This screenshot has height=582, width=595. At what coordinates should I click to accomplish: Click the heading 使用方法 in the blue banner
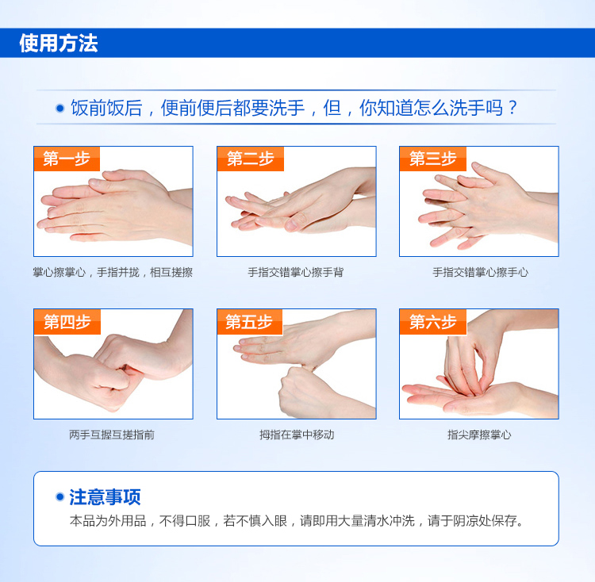pyautogui.click(x=59, y=43)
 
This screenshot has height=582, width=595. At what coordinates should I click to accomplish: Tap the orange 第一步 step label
pyautogui.click(x=67, y=159)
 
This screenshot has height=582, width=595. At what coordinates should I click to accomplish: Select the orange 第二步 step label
pyautogui.click(x=251, y=159)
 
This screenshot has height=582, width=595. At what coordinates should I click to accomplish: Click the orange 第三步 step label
pyautogui.click(x=433, y=159)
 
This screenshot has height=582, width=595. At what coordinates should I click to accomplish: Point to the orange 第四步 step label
pyautogui.click(x=67, y=321)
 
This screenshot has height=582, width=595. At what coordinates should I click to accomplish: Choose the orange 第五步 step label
pyautogui.click(x=250, y=321)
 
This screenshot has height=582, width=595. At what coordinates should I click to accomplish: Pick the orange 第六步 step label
pyautogui.click(x=433, y=321)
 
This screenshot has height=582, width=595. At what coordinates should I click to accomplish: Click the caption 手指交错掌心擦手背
pyautogui.click(x=296, y=272)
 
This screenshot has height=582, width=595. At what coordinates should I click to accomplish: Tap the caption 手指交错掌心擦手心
pyautogui.click(x=480, y=272)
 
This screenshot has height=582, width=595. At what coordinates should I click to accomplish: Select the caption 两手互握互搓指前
pyautogui.click(x=112, y=435)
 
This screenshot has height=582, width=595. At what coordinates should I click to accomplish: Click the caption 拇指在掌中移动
pyautogui.click(x=297, y=435)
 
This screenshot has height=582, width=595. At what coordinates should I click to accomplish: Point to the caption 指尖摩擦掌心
pyautogui.click(x=479, y=435)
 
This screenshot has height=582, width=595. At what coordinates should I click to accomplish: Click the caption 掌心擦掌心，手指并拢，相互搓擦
pyautogui.click(x=113, y=272)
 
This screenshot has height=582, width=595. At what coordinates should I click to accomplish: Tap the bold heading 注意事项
pyautogui.click(x=105, y=496)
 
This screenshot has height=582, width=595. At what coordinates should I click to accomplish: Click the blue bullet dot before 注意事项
pyautogui.click(x=59, y=496)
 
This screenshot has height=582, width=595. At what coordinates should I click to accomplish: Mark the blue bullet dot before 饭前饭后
pyautogui.click(x=60, y=109)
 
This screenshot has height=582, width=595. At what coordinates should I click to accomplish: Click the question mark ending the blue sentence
pyautogui.click(x=512, y=108)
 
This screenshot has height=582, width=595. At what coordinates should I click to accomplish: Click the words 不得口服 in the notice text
pyautogui.click(x=185, y=521)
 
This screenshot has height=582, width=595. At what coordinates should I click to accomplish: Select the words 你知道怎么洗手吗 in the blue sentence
pyautogui.click(x=431, y=108)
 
